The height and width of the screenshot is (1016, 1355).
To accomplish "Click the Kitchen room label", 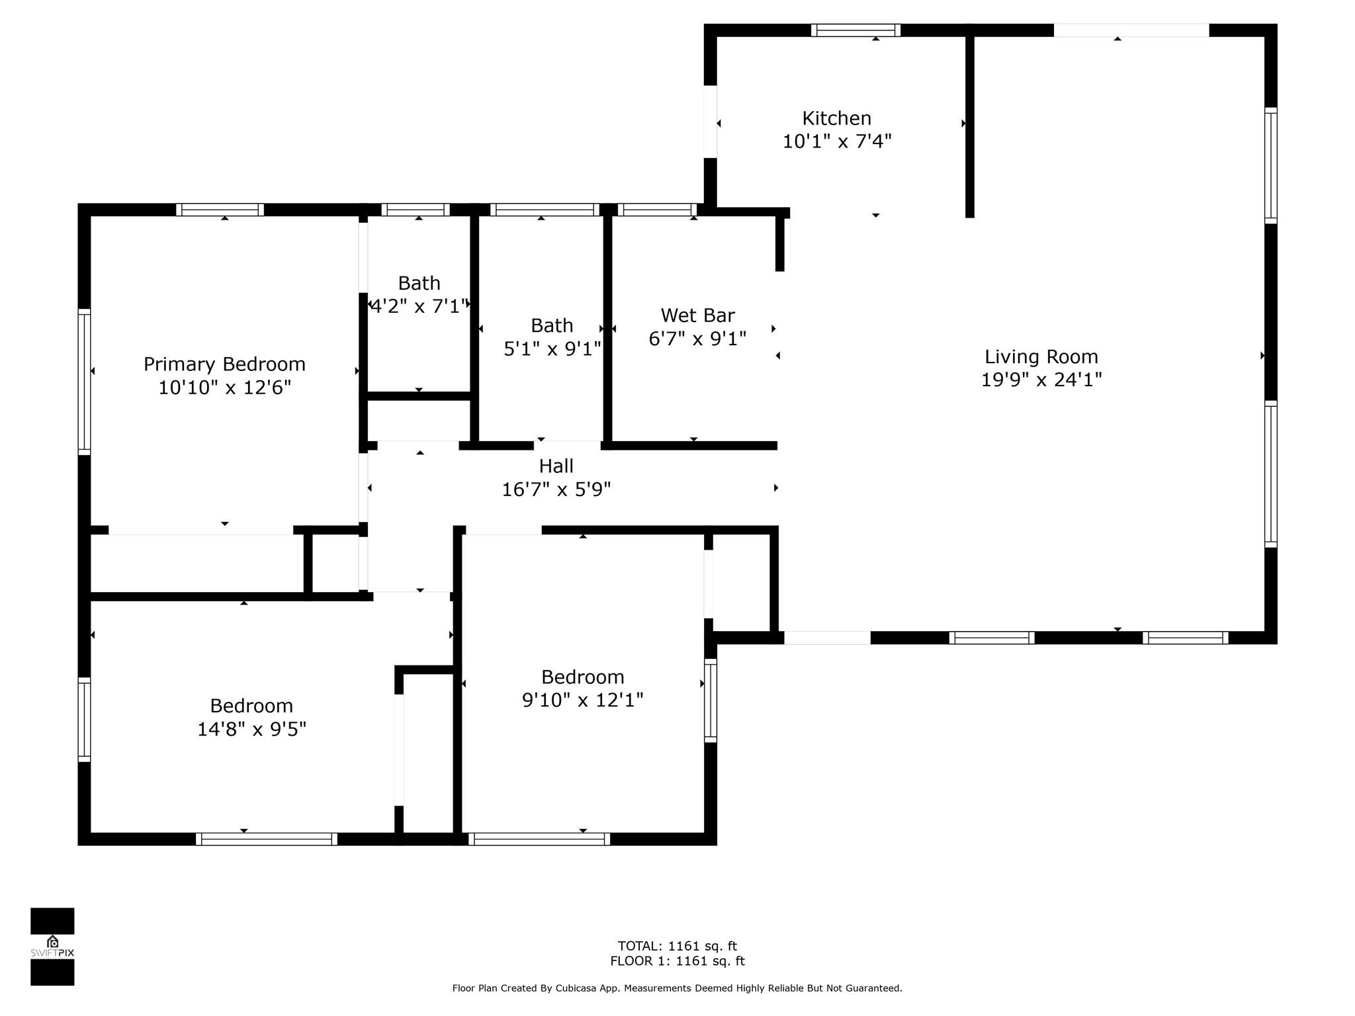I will coord(836,118).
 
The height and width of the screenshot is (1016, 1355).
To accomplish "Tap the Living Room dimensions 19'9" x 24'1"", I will coord(1041,380).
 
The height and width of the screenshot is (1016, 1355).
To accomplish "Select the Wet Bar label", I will coord(697,315).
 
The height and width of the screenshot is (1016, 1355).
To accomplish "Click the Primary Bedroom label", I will coord(224,364).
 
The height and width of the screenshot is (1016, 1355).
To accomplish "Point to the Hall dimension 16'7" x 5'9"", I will coord(556,489).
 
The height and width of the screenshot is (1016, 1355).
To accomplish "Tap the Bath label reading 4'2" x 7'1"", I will coord(419,306).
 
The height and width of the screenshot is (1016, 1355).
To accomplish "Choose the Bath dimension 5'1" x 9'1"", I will coord(552,349).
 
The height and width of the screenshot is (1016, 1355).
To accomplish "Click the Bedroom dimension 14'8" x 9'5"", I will coord(251,729).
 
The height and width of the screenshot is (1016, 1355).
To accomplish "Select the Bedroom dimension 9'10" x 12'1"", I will coord(582,700).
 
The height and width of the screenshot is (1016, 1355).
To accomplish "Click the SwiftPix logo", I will coord(52,947).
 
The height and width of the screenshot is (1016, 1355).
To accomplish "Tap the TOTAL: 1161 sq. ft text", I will coord(677,946).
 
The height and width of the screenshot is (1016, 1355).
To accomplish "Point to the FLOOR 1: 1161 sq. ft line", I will coord(677,961).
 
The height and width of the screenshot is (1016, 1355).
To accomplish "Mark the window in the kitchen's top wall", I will coord(855,30).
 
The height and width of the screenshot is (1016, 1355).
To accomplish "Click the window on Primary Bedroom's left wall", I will coord(84,382).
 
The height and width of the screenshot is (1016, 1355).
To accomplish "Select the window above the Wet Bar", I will coord(657,210).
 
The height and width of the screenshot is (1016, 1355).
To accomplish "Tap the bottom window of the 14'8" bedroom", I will coord(266,839).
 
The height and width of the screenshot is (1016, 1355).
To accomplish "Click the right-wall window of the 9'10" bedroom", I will coord(710,700).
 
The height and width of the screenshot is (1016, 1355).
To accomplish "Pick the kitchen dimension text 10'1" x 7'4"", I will coord(836,142).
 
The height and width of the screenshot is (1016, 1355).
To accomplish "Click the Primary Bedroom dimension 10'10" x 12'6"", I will coord(224,388).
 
